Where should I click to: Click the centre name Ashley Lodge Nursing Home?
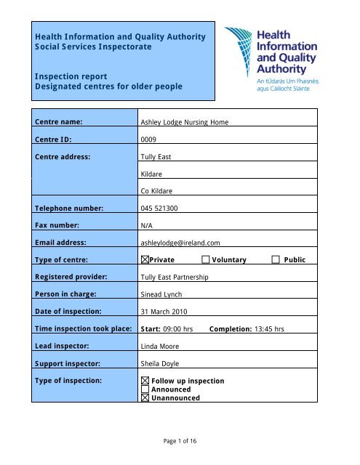pos(185,122)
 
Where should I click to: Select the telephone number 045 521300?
pos(160,208)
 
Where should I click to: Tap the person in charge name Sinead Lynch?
pos(162,295)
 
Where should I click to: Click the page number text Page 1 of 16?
pos(180,444)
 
